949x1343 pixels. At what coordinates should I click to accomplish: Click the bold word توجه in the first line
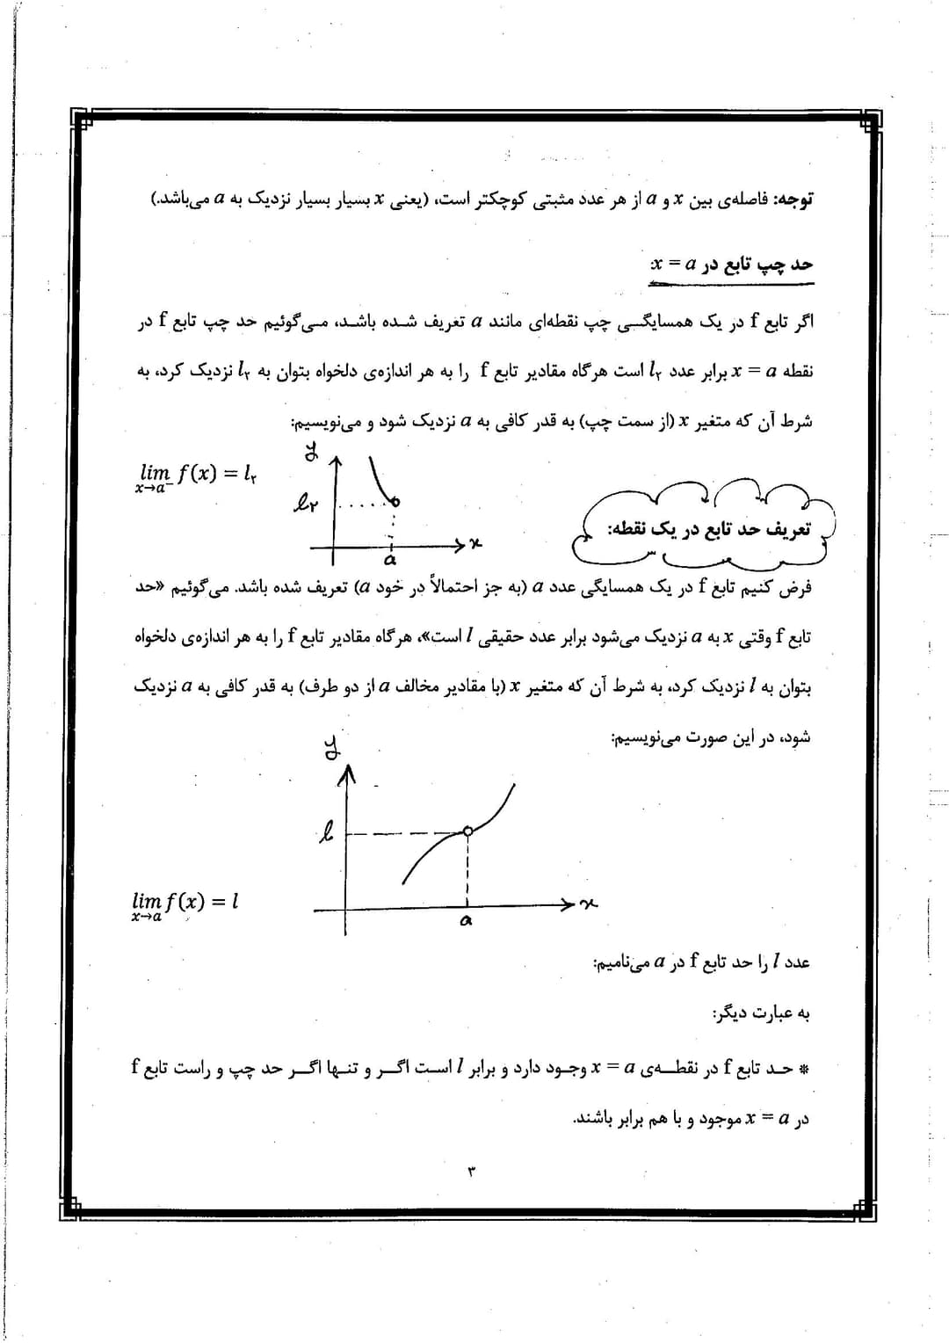[x=793, y=200]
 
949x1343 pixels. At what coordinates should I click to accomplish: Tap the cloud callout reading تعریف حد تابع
[x=708, y=529]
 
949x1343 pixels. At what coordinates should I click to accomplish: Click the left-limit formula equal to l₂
[x=198, y=476]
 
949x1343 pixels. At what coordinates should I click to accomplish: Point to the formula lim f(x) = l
[x=185, y=904]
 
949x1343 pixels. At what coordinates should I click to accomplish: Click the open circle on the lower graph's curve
[x=467, y=831]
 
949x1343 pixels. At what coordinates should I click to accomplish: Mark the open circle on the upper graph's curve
[x=395, y=502]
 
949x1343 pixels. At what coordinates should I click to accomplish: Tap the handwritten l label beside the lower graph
[x=326, y=831]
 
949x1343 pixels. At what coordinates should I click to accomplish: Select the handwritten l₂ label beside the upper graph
[x=304, y=504]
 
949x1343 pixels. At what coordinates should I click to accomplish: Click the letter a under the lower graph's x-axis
[x=466, y=921]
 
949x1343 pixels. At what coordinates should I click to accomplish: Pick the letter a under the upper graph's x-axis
[x=390, y=559]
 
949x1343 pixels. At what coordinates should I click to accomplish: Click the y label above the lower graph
[x=332, y=749]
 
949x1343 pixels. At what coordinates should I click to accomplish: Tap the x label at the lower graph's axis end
[x=589, y=904]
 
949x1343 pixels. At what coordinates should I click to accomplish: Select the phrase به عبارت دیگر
[x=761, y=1013]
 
